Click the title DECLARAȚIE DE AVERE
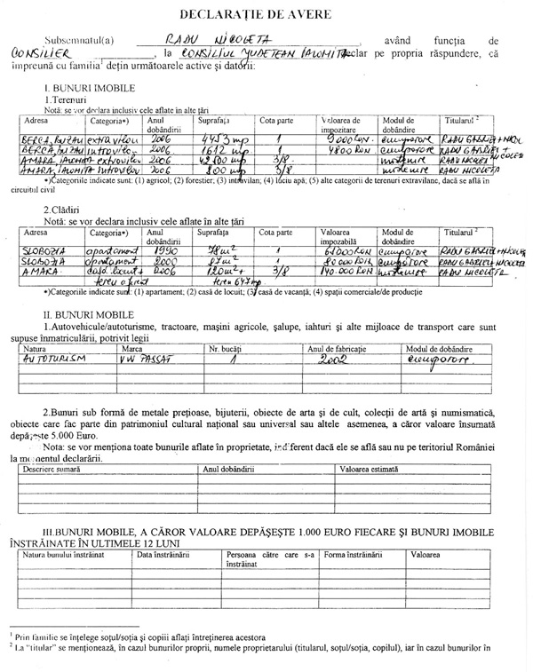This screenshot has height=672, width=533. point(266,15)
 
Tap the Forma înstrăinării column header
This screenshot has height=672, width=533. point(353,553)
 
